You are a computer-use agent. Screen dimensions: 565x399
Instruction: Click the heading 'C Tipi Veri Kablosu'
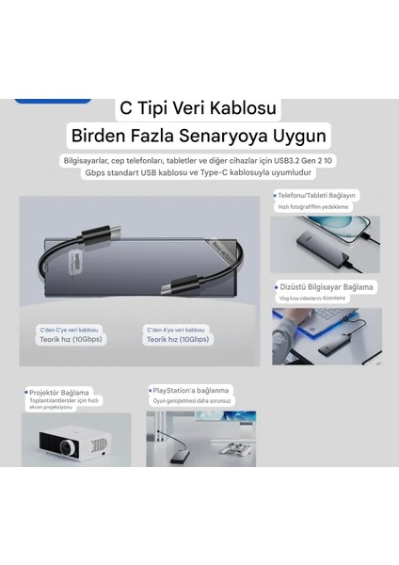pos(199,111)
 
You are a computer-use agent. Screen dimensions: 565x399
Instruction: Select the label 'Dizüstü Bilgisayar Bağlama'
pos(326,286)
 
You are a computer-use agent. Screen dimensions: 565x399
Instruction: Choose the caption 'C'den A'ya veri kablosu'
pos(176,331)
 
